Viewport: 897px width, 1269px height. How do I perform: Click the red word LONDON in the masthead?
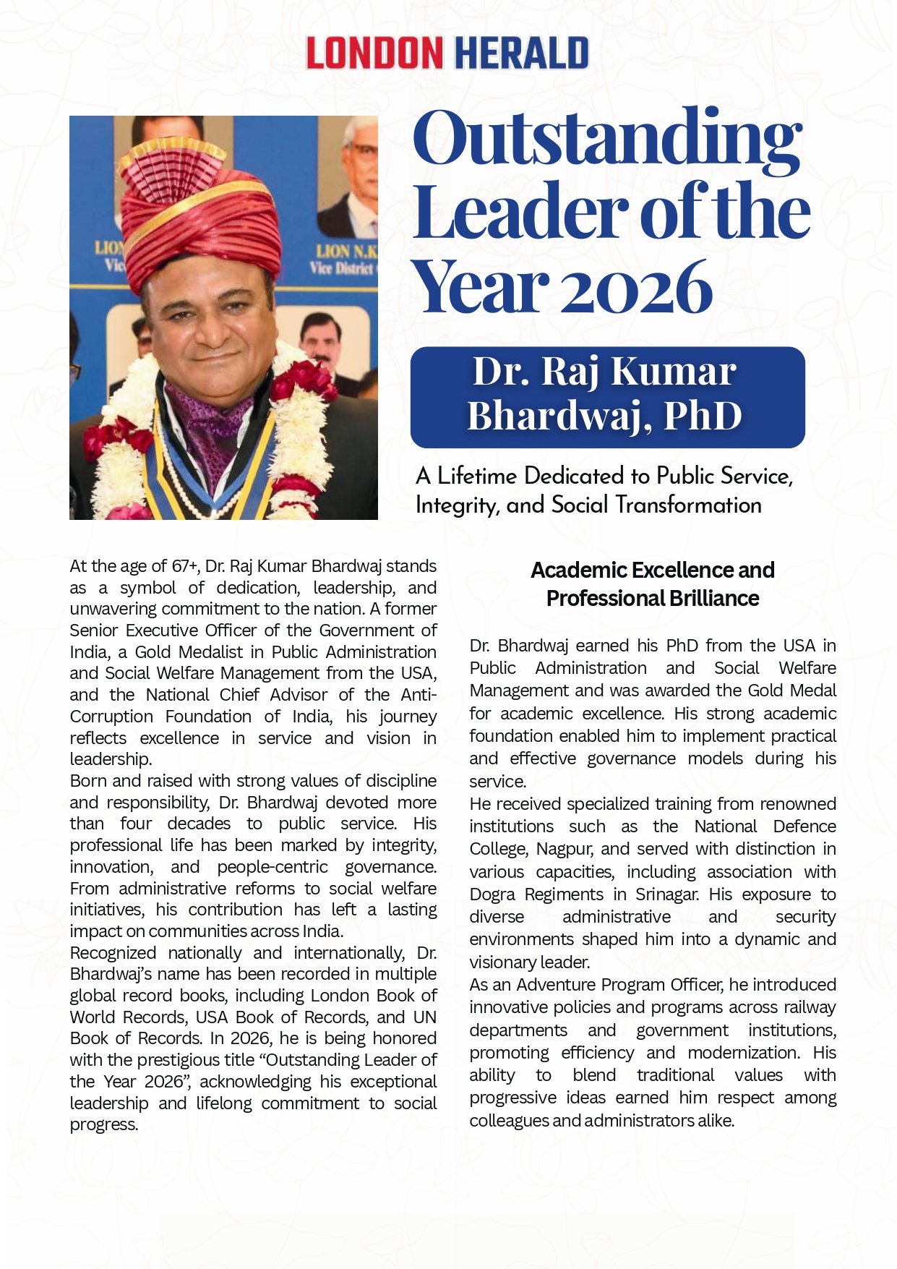tap(374, 54)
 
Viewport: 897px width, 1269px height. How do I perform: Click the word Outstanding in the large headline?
tap(607, 137)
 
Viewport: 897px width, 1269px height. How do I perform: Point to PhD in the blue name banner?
tap(703, 416)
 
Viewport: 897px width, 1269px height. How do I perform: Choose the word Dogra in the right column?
tap(493, 894)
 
